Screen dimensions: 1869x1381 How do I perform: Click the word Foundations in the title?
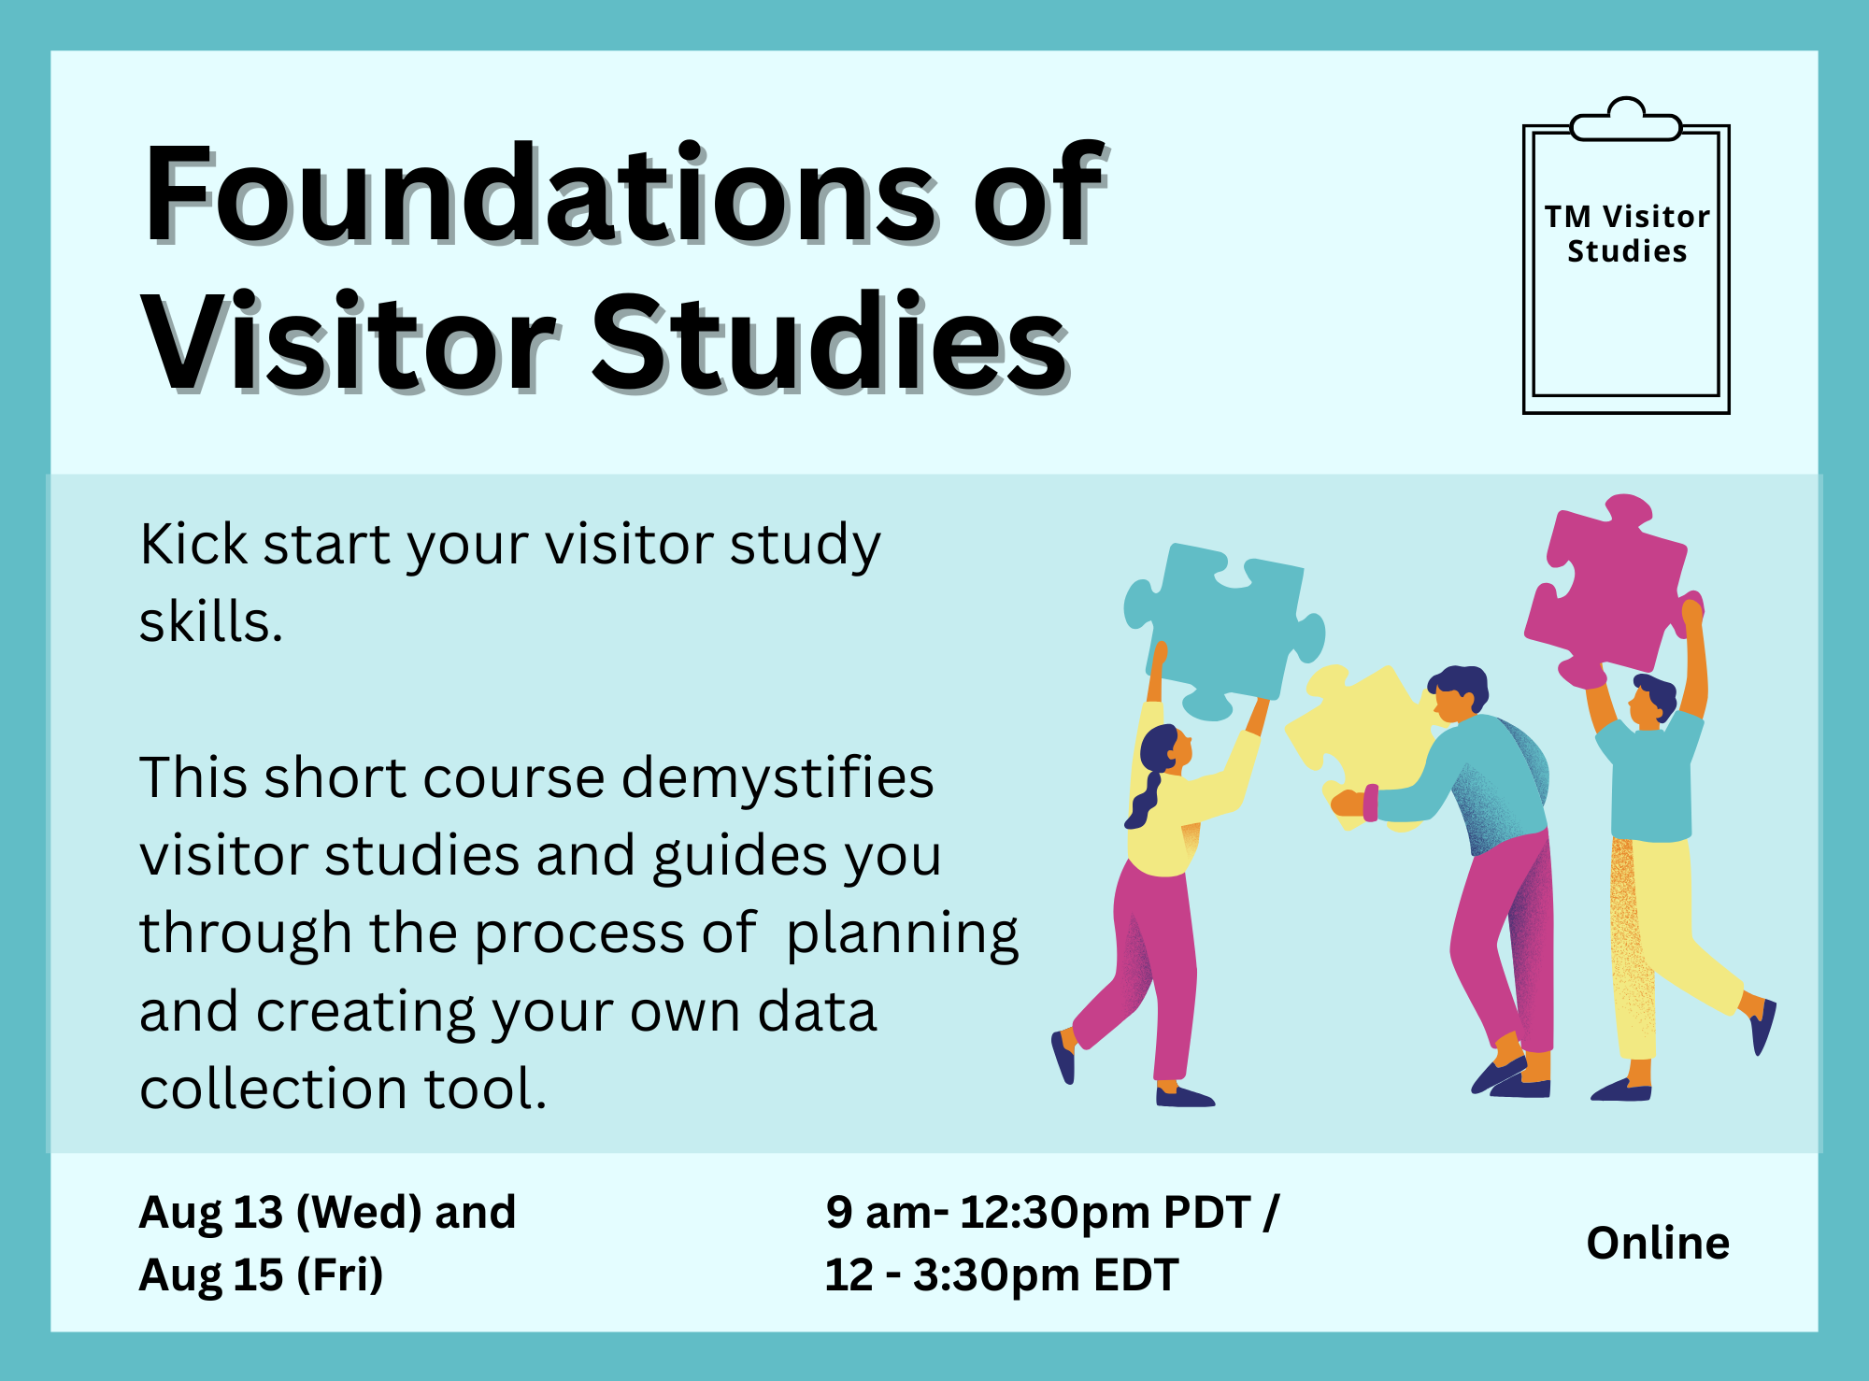point(540,193)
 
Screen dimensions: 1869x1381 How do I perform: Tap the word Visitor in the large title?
point(348,343)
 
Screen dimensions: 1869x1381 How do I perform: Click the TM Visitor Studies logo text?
point(1627,234)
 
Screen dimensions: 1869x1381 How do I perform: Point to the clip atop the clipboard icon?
point(1626,120)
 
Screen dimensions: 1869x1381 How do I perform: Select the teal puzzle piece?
point(1220,626)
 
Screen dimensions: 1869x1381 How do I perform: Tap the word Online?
point(1658,1243)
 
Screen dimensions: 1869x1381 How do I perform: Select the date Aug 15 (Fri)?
point(261,1274)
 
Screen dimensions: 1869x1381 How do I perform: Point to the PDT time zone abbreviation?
point(1207,1212)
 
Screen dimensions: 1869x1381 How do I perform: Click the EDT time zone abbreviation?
point(1135,1274)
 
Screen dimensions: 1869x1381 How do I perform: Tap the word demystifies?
point(778,778)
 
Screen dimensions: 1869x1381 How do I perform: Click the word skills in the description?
point(210,621)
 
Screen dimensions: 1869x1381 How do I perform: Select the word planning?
point(902,934)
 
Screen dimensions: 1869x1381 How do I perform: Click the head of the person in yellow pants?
point(1652,699)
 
